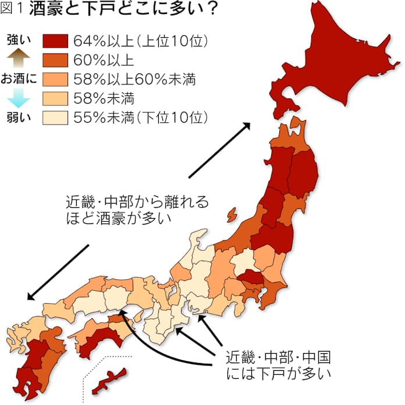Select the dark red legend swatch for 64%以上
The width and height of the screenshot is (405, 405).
click(56, 41)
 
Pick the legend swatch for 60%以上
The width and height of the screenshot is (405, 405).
click(56, 60)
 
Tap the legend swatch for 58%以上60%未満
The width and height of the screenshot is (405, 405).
click(56, 79)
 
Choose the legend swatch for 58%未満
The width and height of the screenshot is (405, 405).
click(56, 98)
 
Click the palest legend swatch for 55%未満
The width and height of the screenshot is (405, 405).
click(56, 117)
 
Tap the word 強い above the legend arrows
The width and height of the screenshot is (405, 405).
click(17, 40)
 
